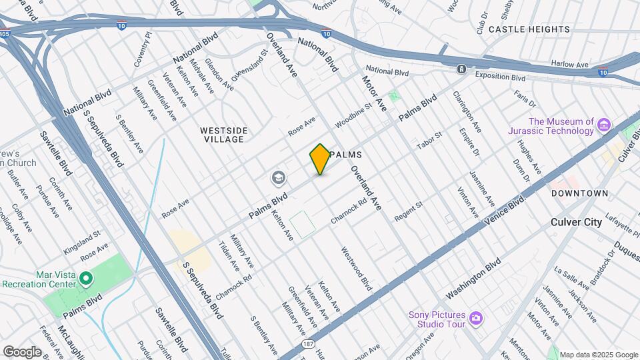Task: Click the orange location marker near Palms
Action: pos(320,159)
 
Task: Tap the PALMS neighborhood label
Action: pos(345,154)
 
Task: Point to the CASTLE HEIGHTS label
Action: pos(529,29)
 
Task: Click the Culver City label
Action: pos(576,222)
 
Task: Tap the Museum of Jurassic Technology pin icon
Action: pos(604,125)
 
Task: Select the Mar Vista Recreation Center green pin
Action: pos(85,278)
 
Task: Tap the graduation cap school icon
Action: pos(278,178)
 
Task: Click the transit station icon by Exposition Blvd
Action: pos(461,69)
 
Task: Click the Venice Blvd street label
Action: pos(509,210)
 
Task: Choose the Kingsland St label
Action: pos(81,235)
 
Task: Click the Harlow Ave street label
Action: pos(569,65)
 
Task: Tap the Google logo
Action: pos(22,351)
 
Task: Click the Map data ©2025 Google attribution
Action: pos(599,355)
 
